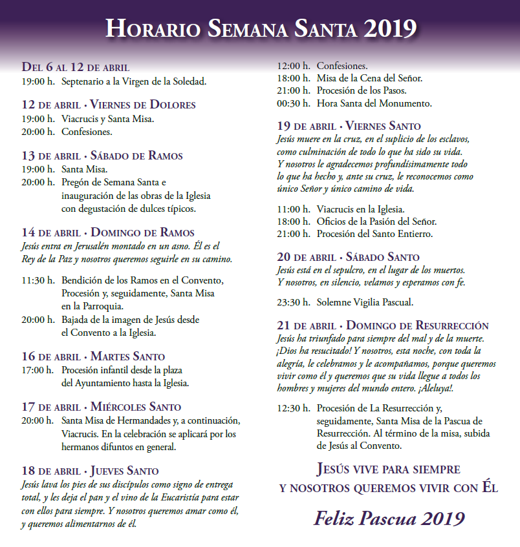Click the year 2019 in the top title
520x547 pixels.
click(390, 28)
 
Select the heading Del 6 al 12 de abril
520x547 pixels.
click(76, 67)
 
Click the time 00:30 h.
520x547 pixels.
click(293, 103)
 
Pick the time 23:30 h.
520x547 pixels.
click(293, 302)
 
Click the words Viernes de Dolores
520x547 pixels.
click(143, 105)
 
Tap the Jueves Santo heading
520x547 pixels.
click(125, 470)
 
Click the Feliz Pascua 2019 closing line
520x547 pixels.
click(389, 518)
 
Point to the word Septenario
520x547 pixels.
click(84, 81)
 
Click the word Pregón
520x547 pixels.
click(76, 182)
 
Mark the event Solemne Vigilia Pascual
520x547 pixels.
click(365, 302)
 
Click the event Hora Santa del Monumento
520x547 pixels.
click(374, 103)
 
